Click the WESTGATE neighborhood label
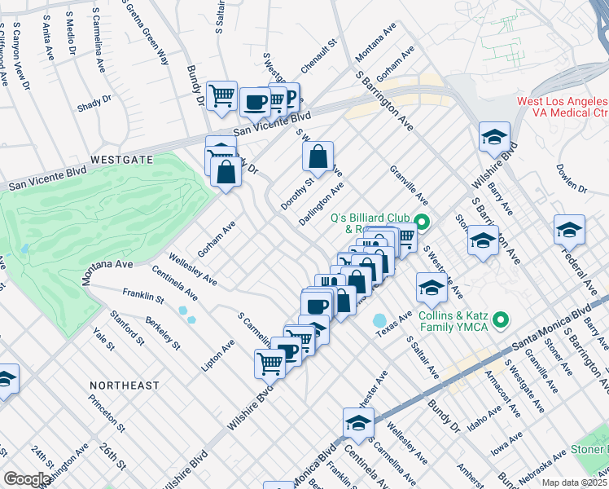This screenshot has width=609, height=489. tap(121, 160)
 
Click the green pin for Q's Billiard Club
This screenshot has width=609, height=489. tap(422, 221)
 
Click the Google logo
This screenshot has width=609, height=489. tap(27, 479)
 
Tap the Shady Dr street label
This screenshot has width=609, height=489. tap(94, 104)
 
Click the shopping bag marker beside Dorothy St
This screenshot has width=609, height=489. tap(318, 155)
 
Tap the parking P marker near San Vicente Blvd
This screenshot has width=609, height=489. tap(288, 95)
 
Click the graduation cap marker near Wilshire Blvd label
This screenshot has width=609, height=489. tap(493, 137)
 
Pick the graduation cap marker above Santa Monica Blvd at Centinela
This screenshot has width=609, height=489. tap(357, 422)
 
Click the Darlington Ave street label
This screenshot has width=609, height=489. tap(321, 204)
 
